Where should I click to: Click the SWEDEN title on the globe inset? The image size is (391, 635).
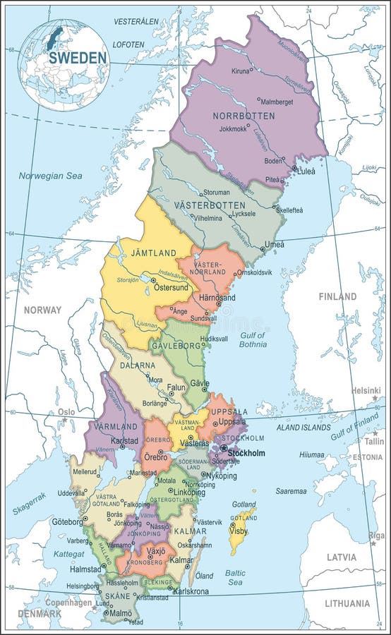tap(78, 58)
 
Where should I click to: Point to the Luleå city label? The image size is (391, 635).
tap(306, 170)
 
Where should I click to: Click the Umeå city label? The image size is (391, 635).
tap(274, 245)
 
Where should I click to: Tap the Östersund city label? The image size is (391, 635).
tap(171, 288)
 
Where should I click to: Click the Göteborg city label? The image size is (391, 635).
tap(68, 522)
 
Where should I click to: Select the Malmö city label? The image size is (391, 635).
tap(121, 614)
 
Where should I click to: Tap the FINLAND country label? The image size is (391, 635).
tap(337, 297)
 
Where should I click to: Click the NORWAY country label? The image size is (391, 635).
tap(42, 310)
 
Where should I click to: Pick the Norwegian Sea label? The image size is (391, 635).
tap(50, 176)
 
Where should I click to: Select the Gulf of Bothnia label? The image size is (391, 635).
tap(253, 340)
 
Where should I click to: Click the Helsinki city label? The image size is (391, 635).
tap(366, 390)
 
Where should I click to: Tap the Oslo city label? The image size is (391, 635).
tap(66, 412)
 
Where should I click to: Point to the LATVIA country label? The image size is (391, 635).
tap(341, 557)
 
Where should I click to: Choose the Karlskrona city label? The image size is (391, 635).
tap(191, 592)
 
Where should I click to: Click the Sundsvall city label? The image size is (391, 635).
tap(203, 319)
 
